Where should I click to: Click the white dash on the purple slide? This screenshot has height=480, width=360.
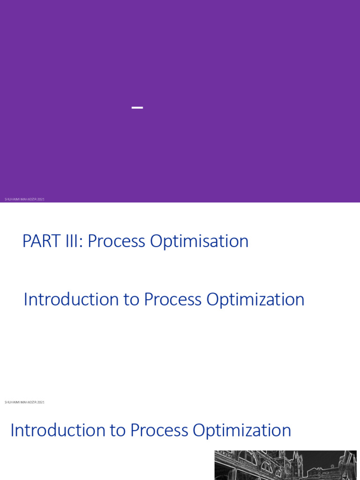pos(137,108)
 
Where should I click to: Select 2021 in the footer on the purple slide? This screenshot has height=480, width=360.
pos(41,199)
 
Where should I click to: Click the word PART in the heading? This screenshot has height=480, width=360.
pos(38,241)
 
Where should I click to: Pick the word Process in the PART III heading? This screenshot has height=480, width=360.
pos(116,241)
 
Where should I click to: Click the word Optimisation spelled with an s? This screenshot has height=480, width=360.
pos(199,241)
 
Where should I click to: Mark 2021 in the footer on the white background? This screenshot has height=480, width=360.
pos(41,402)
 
